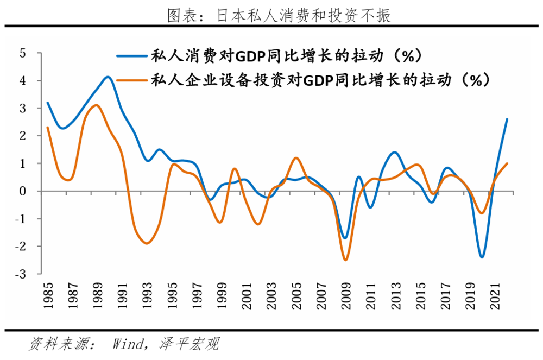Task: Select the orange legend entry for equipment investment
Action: tap(304, 80)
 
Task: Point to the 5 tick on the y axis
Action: tap(22, 53)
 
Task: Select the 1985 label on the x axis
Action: tap(48, 294)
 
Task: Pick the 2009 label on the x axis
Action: tap(345, 294)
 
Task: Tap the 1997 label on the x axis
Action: tap(197, 294)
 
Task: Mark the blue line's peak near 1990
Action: tap(108, 77)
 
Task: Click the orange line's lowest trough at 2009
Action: tap(345, 260)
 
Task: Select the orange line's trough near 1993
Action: tap(147, 243)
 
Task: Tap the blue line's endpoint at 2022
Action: tap(507, 119)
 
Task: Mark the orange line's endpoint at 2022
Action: tap(507, 163)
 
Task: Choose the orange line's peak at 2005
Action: tap(296, 158)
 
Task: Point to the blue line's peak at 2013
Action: tap(395, 152)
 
